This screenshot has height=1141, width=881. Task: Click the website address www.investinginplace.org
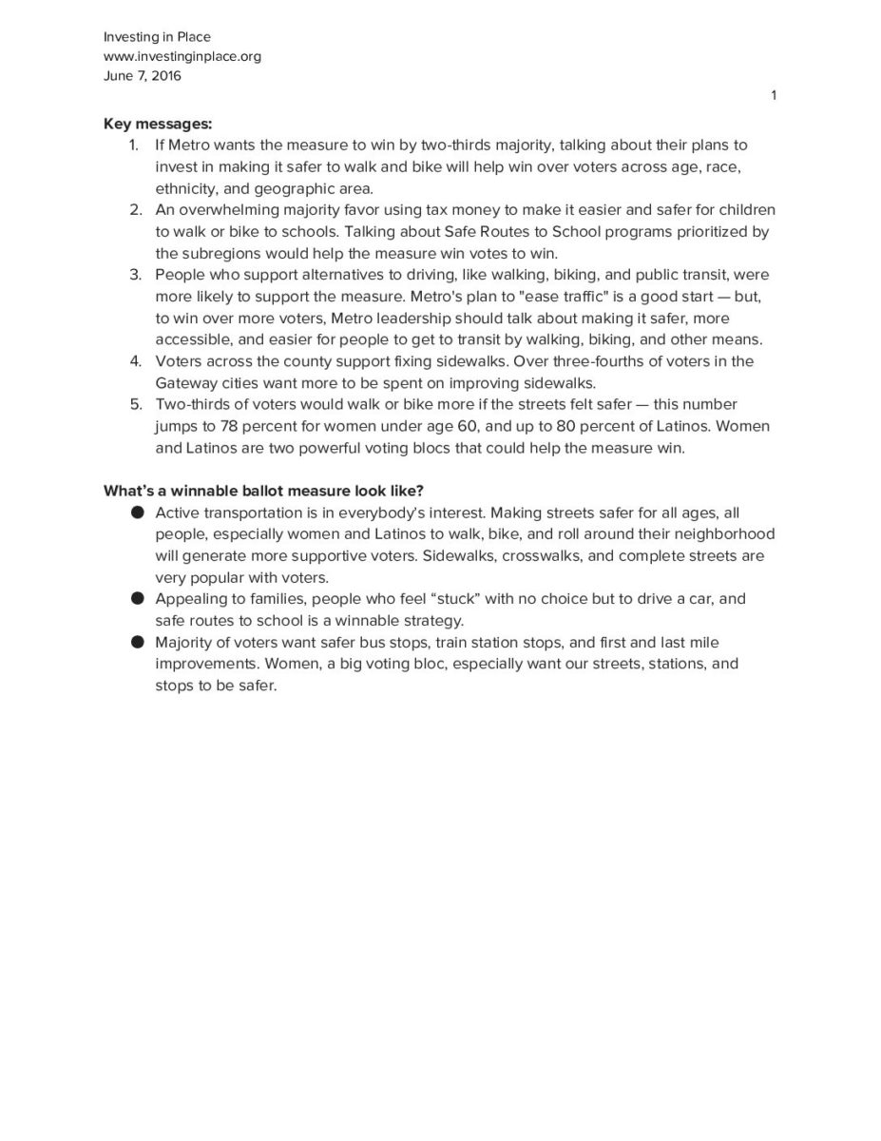click(182, 56)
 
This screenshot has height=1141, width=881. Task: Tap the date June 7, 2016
click(142, 76)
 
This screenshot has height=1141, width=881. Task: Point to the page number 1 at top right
click(774, 94)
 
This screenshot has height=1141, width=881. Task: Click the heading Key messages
click(158, 124)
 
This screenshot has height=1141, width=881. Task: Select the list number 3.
click(135, 275)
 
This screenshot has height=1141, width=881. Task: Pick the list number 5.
click(135, 404)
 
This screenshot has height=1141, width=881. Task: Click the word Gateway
click(185, 382)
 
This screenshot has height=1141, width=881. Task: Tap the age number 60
click(468, 426)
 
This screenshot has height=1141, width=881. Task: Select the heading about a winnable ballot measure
click(263, 491)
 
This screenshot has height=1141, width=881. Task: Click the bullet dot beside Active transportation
click(137, 512)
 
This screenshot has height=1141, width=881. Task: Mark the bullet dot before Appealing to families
click(137, 599)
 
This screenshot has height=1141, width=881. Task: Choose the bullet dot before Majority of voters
click(137, 643)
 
